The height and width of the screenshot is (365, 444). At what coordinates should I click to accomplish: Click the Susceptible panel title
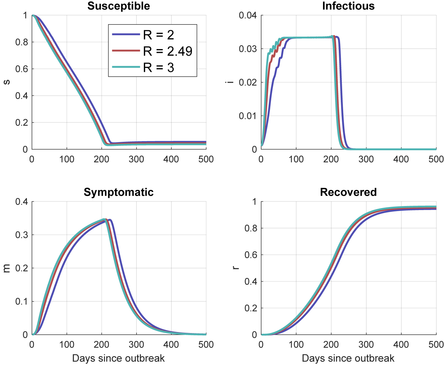tap(119, 6)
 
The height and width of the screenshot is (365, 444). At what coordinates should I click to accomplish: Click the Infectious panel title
tap(348, 6)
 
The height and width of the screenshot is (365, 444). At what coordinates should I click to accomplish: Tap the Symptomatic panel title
tap(119, 192)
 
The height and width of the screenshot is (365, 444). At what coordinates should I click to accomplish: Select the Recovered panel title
tap(348, 192)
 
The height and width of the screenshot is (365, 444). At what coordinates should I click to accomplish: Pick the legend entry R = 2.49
tap(167, 51)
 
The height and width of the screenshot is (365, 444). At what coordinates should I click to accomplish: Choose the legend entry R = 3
tap(158, 68)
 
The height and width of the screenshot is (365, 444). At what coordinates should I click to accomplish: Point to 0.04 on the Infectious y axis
tap(248, 15)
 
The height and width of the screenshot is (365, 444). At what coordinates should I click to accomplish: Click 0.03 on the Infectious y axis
tap(248, 49)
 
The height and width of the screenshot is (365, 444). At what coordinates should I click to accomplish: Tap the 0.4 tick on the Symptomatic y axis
tap(22, 202)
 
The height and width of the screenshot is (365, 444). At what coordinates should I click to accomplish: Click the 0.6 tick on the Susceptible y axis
tap(22, 69)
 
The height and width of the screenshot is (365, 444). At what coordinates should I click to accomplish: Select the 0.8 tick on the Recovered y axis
tap(251, 229)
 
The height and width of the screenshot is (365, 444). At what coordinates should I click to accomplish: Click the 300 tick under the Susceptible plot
tap(136, 159)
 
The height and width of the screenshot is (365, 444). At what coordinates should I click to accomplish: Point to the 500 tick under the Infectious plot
tap(436, 159)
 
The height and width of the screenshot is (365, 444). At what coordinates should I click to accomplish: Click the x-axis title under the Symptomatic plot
tap(119, 358)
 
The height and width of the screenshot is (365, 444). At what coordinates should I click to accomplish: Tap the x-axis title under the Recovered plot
tap(348, 358)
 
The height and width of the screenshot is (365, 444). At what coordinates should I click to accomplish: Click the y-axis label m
tap(6, 268)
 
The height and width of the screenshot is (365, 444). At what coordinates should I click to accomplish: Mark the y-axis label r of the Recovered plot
tap(236, 268)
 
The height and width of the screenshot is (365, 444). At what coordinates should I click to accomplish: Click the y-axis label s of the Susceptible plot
tap(6, 82)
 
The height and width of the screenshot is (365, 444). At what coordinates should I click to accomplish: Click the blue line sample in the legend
tap(126, 34)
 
